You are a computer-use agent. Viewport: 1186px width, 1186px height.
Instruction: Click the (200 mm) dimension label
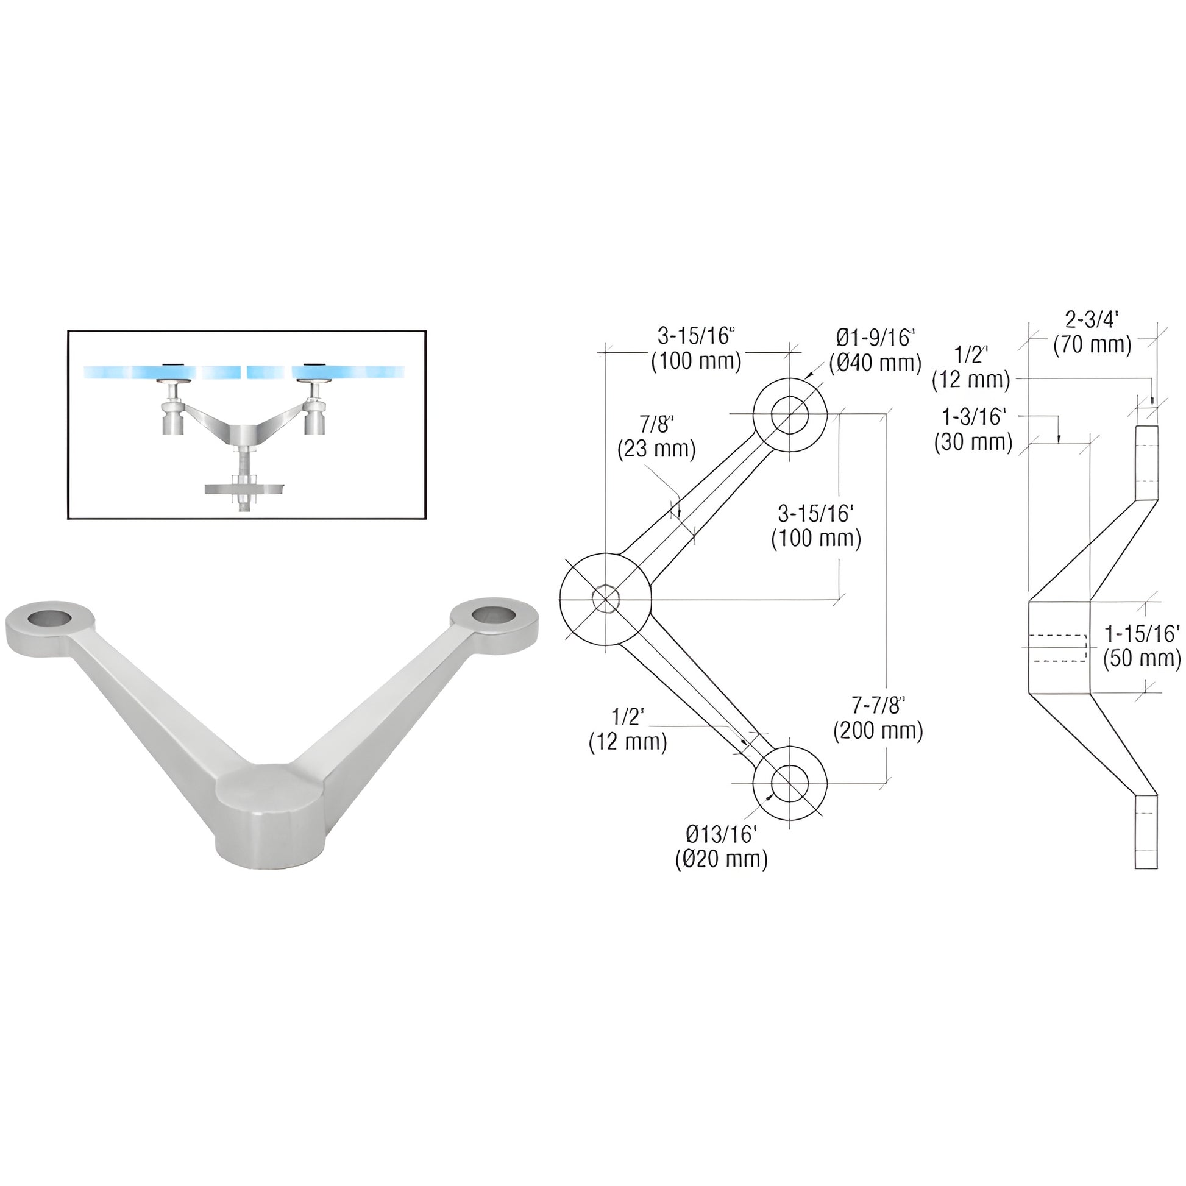(878, 731)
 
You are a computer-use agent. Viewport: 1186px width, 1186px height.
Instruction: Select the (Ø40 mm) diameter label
(875, 363)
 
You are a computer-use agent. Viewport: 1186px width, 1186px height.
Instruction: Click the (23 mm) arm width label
(656, 449)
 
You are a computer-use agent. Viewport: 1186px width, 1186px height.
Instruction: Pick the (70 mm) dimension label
(1092, 345)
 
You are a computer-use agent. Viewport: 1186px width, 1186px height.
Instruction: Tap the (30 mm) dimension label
(973, 442)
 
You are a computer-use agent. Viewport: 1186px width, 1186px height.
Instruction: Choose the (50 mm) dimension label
(1141, 658)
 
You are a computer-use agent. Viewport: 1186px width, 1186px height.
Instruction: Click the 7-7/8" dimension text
(878, 706)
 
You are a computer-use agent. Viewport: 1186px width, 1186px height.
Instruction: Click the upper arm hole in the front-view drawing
(790, 415)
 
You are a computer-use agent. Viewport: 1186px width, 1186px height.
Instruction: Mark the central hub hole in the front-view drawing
(606, 598)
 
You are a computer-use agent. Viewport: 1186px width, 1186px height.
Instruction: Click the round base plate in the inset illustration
(244, 489)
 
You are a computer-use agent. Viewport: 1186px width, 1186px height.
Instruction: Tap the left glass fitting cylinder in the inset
(174, 419)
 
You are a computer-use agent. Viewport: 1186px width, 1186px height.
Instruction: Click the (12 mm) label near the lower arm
(627, 742)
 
